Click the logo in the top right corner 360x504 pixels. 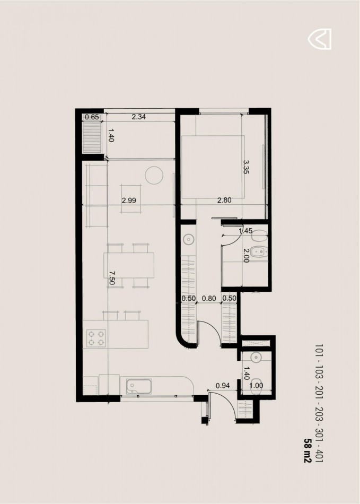[x=320, y=39]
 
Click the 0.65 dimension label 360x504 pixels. [x=92, y=117]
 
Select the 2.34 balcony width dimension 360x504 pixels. [x=139, y=117]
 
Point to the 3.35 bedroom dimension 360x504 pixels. [x=247, y=167]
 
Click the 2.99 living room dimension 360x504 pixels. [x=129, y=201]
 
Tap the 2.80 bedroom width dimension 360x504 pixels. [x=224, y=200]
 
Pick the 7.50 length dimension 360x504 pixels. [x=112, y=278]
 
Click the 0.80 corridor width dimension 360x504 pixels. [x=209, y=298]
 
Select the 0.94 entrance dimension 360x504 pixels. [x=223, y=386]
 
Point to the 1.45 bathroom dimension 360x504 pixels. [x=245, y=231]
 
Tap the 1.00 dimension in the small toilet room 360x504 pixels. [x=256, y=386]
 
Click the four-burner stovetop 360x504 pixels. [x=96, y=338]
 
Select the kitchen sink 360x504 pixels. [x=139, y=386]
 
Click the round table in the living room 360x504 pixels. [x=154, y=175]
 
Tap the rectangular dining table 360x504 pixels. [x=129, y=265]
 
